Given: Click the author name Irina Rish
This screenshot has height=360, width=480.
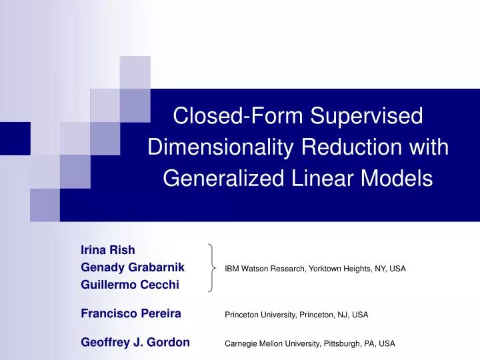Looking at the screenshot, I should [107, 250].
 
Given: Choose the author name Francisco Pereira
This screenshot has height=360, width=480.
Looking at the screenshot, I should [131, 313].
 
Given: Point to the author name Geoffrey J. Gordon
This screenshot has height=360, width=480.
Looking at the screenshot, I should [135, 343].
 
